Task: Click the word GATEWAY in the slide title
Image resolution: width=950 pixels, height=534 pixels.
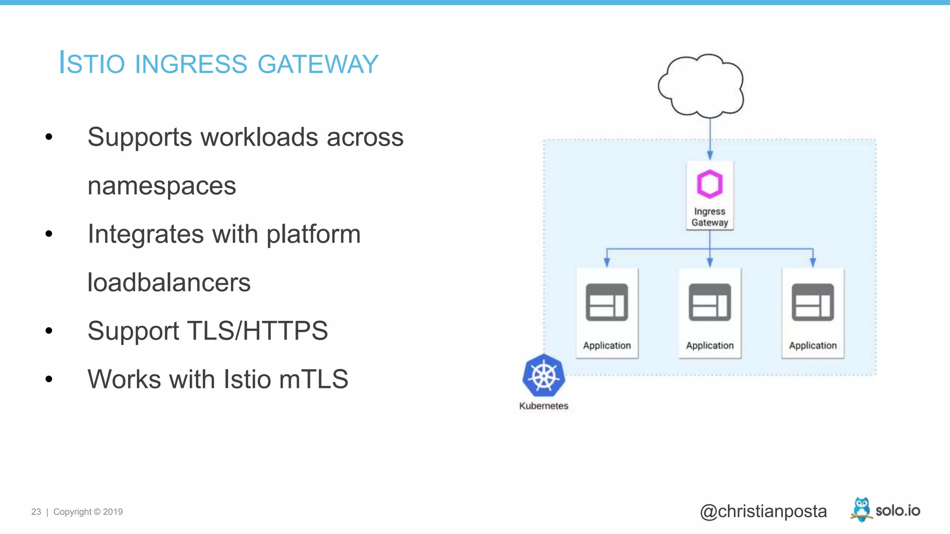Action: click(318, 64)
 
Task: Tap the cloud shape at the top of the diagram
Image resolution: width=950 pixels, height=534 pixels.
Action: click(701, 86)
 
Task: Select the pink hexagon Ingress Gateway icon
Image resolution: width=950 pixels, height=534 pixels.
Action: click(710, 184)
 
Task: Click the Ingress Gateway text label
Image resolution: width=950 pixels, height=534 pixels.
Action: click(710, 217)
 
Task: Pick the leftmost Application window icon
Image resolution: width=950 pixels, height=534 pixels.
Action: click(607, 302)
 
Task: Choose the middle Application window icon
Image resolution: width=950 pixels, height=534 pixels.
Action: click(710, 302)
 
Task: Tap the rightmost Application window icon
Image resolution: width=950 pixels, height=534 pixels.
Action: click(813, 302)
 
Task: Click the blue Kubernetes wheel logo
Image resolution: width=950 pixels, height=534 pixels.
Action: click(544, 375)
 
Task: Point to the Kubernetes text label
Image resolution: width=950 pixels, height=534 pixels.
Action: click(544, 406)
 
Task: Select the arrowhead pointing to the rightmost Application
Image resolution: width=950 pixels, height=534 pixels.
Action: click(813, 262)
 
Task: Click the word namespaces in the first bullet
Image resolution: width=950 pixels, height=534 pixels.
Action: click(162, 186)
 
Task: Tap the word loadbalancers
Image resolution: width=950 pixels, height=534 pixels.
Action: click(169, 283)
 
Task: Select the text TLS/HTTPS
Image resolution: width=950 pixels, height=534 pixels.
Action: click(257, 331)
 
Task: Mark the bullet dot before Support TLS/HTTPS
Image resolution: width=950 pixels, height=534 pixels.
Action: click(49, 331)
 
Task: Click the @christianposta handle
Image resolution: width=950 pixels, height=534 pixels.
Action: click(763, 511)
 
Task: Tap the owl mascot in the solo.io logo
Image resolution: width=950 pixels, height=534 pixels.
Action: click(861, 509)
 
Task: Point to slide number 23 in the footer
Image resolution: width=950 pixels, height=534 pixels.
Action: click(36, 512)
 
